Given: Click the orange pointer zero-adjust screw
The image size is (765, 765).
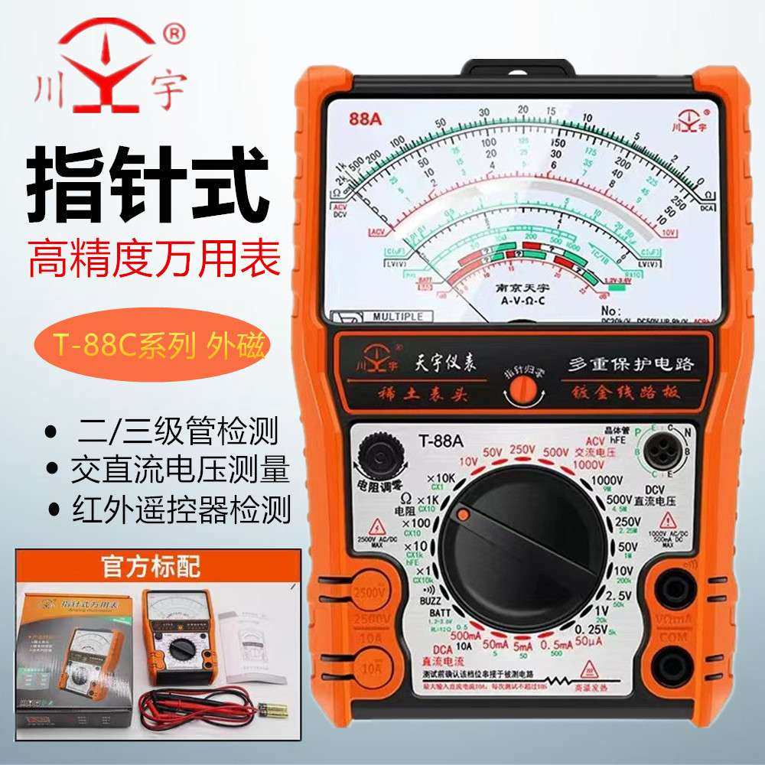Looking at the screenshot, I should [x=523, y=391].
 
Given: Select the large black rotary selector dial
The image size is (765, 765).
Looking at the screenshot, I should [x=522, y=547].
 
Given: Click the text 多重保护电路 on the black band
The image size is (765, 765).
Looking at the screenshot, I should [x=631, y=364].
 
